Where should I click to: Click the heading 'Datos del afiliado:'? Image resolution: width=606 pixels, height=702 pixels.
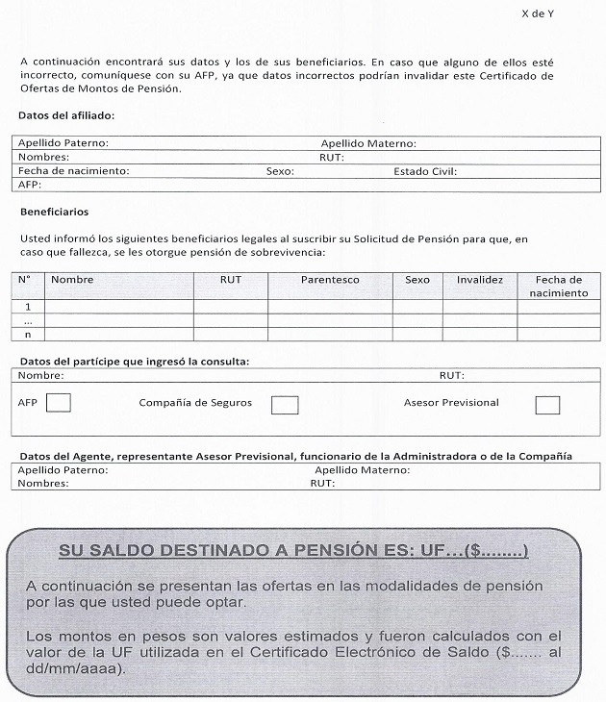66,115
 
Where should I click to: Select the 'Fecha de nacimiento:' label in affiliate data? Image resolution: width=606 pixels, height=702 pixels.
73,171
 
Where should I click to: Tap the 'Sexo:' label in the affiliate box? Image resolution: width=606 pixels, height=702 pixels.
280,171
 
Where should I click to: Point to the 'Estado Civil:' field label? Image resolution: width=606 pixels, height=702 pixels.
424,171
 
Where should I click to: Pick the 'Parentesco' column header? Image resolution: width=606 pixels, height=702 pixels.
330,280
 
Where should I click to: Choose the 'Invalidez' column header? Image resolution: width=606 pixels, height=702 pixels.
480,280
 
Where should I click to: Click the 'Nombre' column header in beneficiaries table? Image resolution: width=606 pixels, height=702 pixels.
72,280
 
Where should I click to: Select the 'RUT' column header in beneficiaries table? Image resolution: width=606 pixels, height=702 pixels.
231,280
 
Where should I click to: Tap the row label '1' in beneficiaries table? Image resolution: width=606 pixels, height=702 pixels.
28,307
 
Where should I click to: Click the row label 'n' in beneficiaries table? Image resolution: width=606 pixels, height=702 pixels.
28,334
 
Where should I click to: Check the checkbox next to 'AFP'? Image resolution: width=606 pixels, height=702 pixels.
59,402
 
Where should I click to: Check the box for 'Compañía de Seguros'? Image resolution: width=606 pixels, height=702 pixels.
284,404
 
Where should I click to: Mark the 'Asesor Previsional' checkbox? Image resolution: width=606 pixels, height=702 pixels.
547,404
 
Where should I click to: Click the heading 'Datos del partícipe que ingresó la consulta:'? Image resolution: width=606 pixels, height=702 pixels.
134,362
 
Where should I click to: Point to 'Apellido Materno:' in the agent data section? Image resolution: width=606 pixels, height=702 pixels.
363,470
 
